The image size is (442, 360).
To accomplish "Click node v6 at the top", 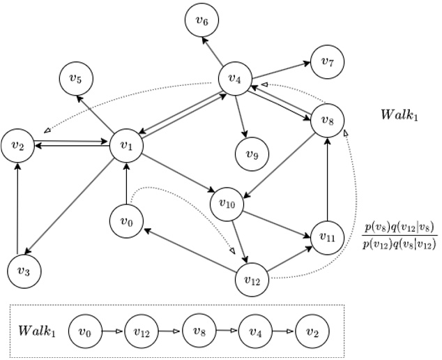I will (x=202, y=21).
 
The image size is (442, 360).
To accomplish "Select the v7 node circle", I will (x=327, y=61).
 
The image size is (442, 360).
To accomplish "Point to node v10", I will (x=227, y=204).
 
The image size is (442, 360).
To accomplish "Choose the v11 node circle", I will (x=328, y=237).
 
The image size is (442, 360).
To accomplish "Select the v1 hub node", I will (x=126, y=145).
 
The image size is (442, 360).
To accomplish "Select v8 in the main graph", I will (x=327, y=119).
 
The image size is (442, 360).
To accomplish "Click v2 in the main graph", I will (x=18, y=146).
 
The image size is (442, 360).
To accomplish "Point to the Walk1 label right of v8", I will (x=399, y=114).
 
